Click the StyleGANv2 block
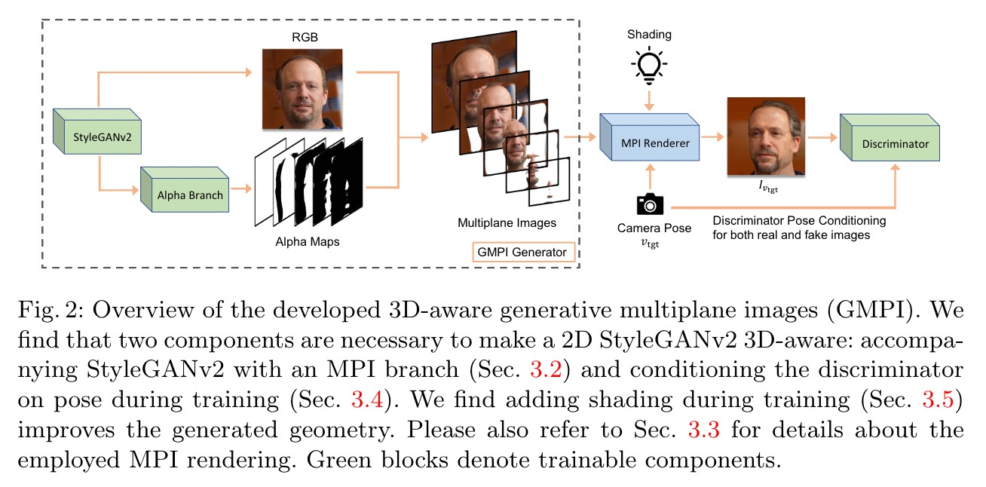[97, 131]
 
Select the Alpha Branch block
[185, 189]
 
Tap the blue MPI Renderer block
[650, 137]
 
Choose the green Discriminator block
[890, 137]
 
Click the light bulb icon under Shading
[649, 66]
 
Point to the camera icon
[650, 204]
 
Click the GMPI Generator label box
[524, 253]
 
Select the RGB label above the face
[305, 37]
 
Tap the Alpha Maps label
[308, 242]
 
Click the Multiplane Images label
[507, 223]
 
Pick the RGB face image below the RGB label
[302, 89]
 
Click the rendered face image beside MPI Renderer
[767, 136]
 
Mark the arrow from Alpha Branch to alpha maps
[241, 189]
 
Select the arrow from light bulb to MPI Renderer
[649, 100]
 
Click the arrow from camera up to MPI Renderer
[650, 176]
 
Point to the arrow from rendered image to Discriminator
[822, 137]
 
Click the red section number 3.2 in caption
[546, 369]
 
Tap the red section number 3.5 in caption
[938, 400]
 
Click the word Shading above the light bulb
[649, 35]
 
